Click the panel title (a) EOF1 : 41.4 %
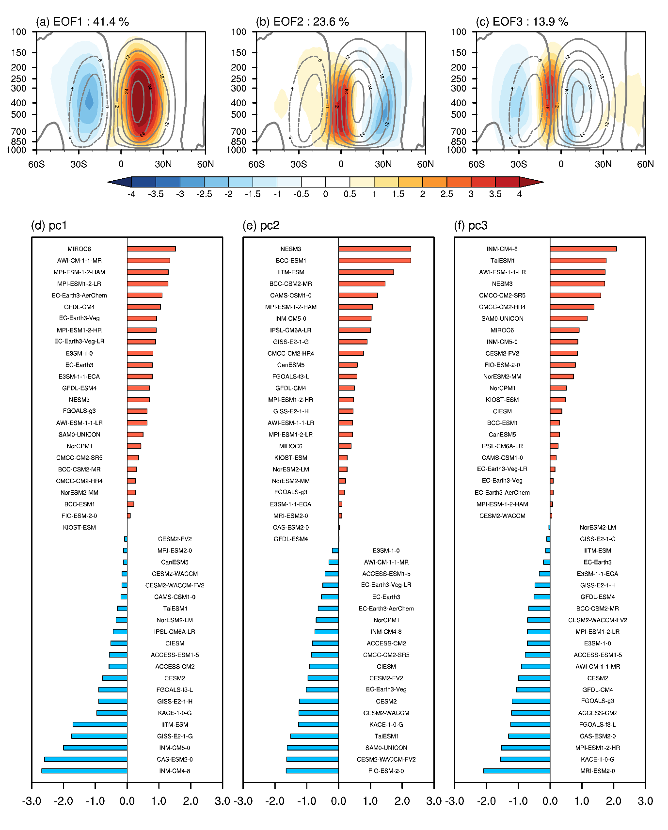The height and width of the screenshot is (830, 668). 82,22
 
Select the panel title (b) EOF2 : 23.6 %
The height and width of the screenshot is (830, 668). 302,22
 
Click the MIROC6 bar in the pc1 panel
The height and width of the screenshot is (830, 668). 151,249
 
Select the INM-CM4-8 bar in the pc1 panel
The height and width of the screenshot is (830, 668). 84,771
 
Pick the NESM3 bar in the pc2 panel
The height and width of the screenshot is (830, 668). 374,249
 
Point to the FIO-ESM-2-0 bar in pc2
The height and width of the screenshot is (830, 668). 312,771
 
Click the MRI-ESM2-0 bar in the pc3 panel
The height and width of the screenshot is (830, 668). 516,771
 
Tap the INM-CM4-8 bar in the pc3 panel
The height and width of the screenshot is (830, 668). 583,249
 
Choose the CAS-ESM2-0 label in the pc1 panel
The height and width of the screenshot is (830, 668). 175,759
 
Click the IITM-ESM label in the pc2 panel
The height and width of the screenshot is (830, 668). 291,272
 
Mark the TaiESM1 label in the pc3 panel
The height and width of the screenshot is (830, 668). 502,261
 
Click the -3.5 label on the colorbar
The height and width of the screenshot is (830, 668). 156,194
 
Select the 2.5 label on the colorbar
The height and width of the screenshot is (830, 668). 446,194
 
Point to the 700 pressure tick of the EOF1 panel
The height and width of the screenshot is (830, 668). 19,132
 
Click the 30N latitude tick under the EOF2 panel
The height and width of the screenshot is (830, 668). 383,164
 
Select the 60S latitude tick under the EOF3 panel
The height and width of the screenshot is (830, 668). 477,164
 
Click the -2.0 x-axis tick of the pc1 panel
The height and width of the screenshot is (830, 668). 64,801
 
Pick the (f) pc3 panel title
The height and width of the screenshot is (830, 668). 471,226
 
